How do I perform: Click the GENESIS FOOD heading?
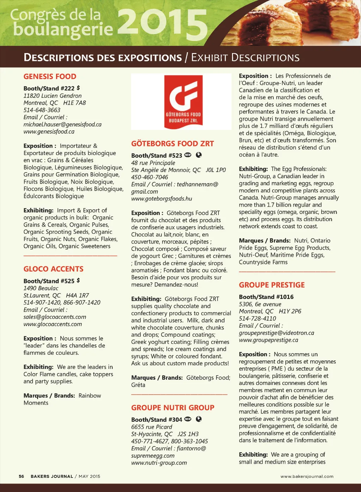tap(50, 77)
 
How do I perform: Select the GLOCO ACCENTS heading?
tap(53, 269)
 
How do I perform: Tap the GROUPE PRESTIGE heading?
tap(271, 285)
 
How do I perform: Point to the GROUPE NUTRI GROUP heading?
tap(172, 408)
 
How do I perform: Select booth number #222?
tap(68, 89)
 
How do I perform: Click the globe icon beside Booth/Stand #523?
tap(199, 155)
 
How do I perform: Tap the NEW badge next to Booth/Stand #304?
tap(188, 419)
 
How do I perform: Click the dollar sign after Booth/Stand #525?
tap(78, 280)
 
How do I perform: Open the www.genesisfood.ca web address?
tap(49, 132)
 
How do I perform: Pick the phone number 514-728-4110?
tap(257, 318)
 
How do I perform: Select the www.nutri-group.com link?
tap(159, 463)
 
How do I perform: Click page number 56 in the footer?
tap(22, 476)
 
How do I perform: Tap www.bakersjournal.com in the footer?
tap(307, 476)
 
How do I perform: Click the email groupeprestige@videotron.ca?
tap(276, 333)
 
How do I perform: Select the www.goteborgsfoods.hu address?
tap(161, 199)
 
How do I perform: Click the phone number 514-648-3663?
tap(42, 110)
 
